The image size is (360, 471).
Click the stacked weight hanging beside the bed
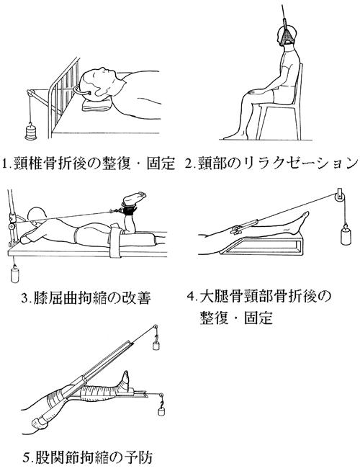[x=30, y=132]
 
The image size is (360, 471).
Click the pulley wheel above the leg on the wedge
[x=338, y=197]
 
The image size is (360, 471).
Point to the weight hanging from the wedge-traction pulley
[x=346, y=235]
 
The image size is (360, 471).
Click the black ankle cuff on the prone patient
[x=129, y=208]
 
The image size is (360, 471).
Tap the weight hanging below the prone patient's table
[x=14, y=274]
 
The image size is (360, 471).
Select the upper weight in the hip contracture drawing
[x=156, y=344]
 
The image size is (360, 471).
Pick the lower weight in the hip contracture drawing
[x=161, y=411]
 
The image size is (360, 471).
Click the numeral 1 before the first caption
[x=5, y=163]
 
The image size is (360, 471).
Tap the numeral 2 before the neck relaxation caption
[x=189, y=163]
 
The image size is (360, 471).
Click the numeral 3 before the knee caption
[x=25, y=299]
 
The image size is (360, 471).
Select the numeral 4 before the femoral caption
[x=191, y=296]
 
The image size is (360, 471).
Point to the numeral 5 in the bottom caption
[x=27, y=458]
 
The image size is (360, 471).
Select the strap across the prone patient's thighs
[x=116, y=242]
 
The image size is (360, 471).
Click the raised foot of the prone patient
[x=134, y=198]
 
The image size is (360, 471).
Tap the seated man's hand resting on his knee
[x=257, y=90]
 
